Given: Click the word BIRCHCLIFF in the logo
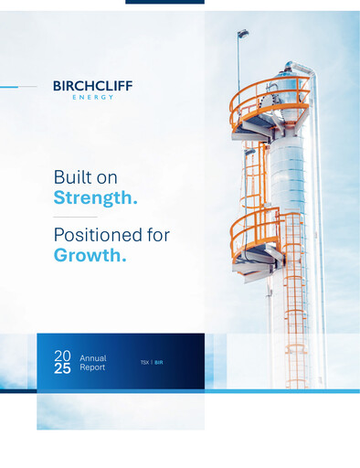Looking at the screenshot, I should [92, 86].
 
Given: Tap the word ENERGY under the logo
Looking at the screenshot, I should [92, 96].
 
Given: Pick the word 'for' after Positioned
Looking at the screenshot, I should [156, 236].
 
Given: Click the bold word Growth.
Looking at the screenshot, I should [90, 256].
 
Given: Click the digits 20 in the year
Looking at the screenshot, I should [62, 355].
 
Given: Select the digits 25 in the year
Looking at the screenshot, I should [62, 368].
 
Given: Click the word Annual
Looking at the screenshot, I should [93, 356].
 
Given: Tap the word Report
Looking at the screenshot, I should [92, 367].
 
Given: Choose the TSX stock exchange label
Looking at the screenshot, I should [144, 363].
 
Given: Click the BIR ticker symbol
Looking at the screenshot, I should [159, 363].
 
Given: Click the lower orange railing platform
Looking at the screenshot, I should [255, 232].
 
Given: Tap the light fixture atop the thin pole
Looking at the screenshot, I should [242, 35].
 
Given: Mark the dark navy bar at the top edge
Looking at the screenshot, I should [164, 2].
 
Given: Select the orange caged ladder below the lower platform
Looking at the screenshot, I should [294, 311].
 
